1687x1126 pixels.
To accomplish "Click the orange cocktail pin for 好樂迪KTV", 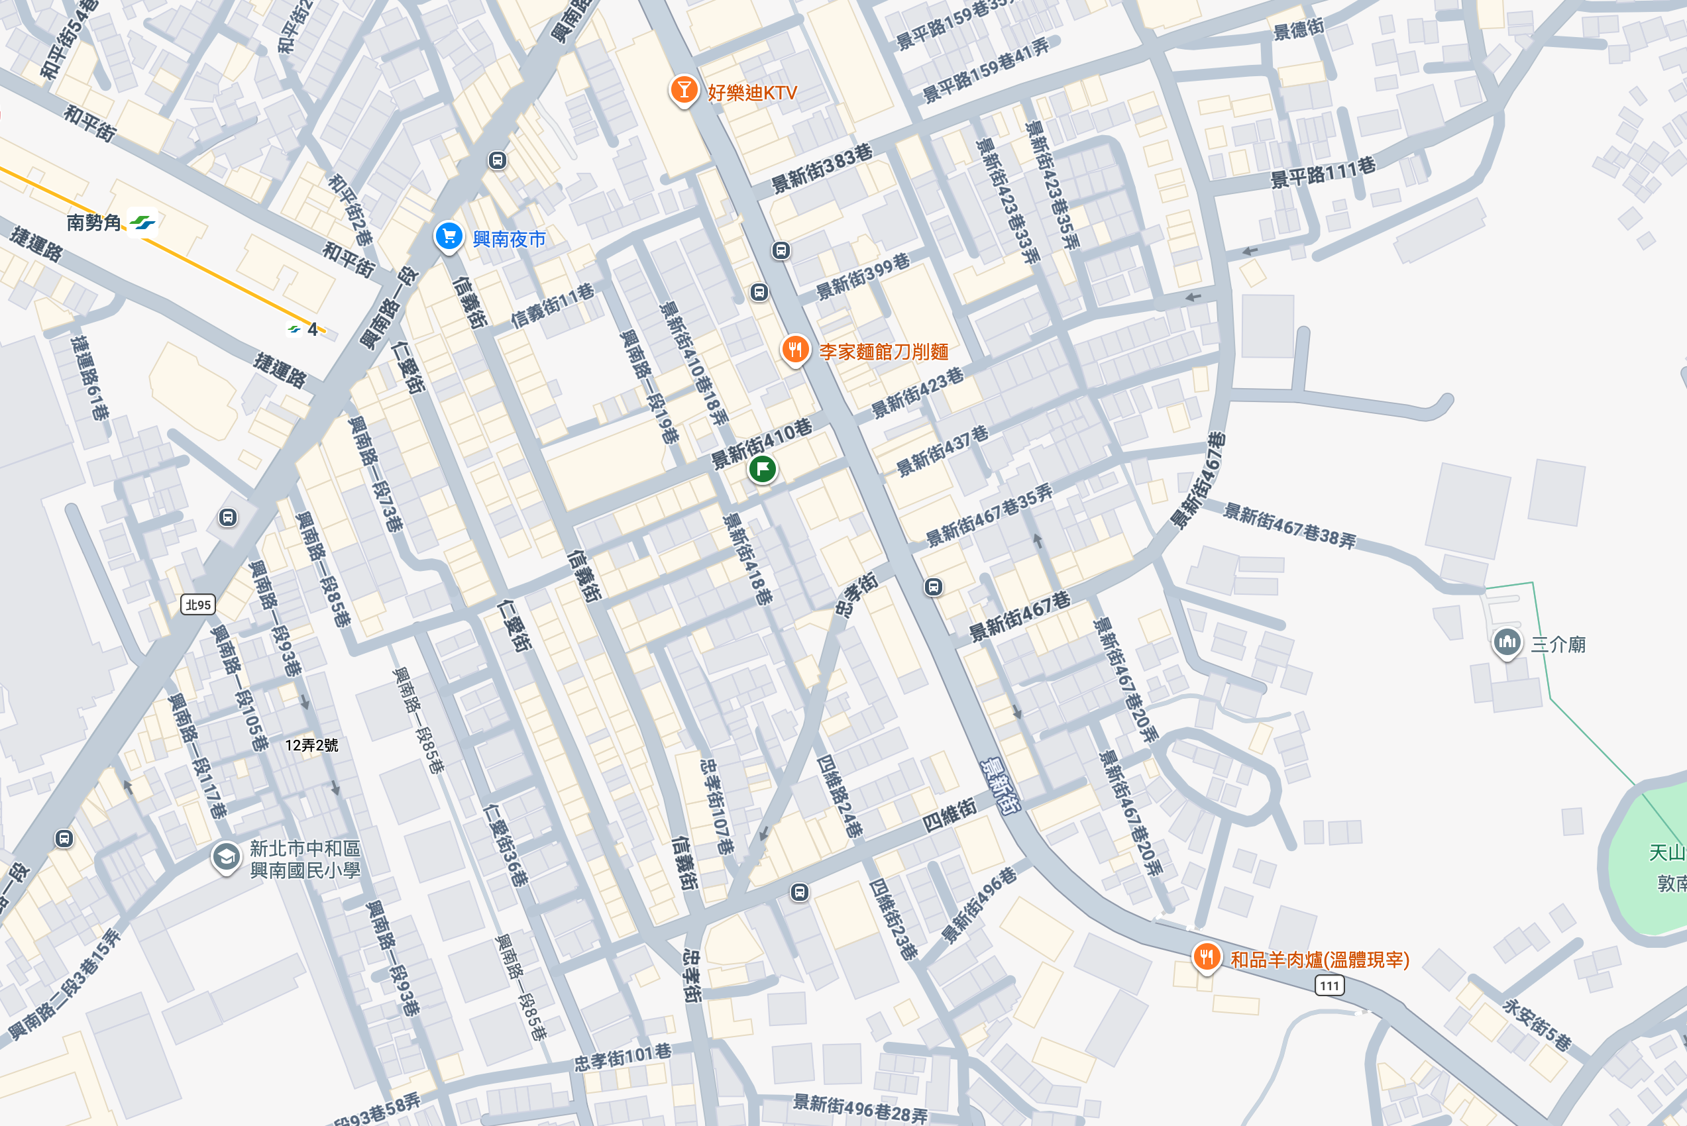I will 684,91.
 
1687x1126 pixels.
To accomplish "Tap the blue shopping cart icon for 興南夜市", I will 449,236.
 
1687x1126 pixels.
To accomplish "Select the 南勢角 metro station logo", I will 142,222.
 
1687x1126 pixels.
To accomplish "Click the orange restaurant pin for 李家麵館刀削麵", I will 794,350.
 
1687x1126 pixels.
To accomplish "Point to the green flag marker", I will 762,470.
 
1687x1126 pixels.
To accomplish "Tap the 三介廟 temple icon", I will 1507,642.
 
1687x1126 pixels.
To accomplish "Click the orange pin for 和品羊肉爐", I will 1207,957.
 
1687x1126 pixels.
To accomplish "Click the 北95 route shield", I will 197,605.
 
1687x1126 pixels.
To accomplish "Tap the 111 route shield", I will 1329,986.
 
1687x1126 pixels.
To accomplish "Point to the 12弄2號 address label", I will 311,745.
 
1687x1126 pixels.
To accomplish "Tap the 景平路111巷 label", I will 1323,172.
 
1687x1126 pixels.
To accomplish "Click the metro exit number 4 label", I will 311,330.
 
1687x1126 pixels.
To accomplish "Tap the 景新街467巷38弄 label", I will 1289,527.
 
